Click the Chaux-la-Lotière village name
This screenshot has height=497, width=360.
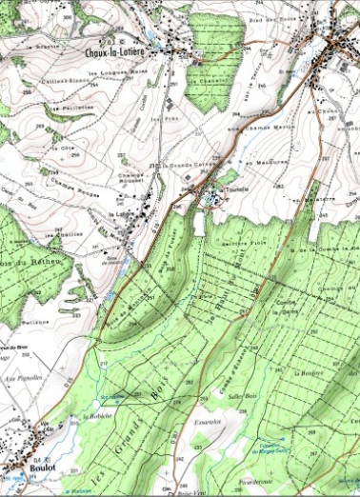(114, 53)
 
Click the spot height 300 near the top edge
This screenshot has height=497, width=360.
(64, 16)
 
